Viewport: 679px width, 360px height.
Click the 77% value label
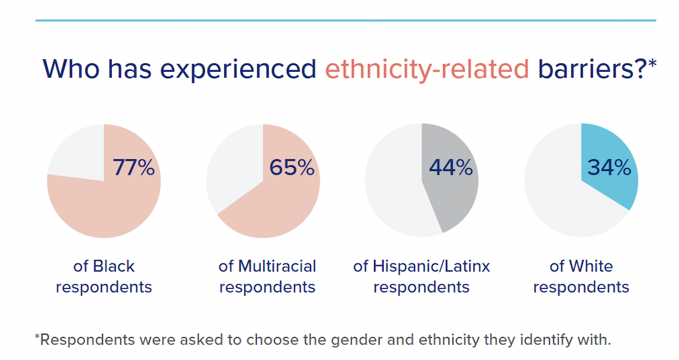[133, 167]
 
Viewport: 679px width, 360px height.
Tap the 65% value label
[292, 167]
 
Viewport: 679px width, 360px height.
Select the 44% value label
[451, 167]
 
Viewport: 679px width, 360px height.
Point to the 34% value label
[609, 167]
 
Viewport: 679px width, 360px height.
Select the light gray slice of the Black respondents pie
[76, 152]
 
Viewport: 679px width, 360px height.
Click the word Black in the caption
[113, 266]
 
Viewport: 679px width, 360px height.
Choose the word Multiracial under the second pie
[277, 266]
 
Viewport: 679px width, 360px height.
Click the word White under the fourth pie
[591, 266]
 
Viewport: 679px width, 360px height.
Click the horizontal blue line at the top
[345, 20]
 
